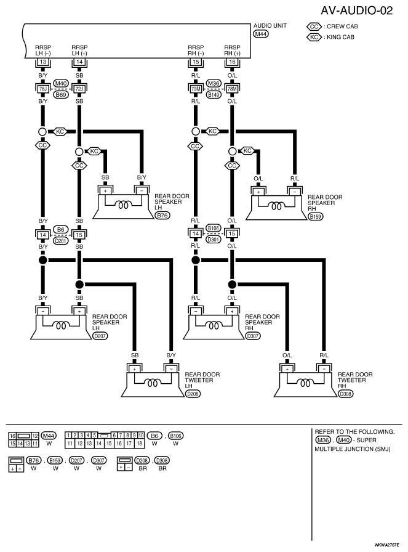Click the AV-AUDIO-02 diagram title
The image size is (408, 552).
[x=356, y=10]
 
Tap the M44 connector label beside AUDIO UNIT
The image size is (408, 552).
[x=261, y=34]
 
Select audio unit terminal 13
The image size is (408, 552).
[x=43, y=62]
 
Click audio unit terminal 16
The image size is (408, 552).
[x=232, y=62]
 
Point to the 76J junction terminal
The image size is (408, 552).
[x=43, y=89]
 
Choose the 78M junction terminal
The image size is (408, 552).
[x=232, y=89]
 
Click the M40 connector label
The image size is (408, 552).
[x=61, y=83]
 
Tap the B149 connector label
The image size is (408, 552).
[x=214, y=95]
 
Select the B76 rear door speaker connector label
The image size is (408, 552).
[x=162, y=216]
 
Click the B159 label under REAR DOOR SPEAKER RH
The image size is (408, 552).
[x=316, y=216]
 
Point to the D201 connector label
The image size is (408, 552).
[x=61, y=241]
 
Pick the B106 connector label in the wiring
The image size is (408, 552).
[x=214, y=228]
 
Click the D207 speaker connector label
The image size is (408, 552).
[x=100, y=336]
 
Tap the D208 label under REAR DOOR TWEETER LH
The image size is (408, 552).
[x=193, y=394]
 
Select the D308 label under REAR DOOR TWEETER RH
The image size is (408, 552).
[x=345, y=394]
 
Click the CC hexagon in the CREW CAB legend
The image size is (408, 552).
[x=314, y=26]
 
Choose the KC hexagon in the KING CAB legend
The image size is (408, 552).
[x=314, y=37]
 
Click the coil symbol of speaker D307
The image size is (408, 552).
[x=214, y=326]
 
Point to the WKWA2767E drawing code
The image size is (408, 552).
[x=387, y=545]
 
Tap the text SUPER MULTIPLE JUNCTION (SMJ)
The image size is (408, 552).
[x=353, y=445]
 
